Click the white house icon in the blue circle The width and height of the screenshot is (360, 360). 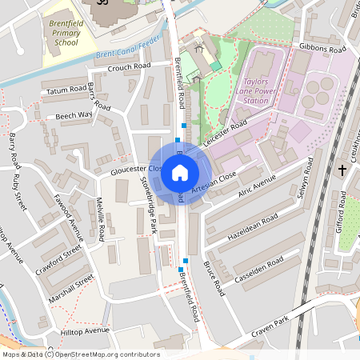(180, 172)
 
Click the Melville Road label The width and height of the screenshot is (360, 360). (101, 222)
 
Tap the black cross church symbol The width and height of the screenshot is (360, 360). (342, 170)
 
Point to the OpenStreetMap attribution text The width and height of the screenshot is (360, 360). (80, 354)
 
